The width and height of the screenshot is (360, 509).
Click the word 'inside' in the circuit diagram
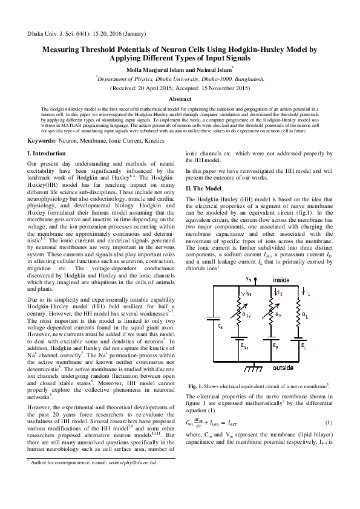point(281,280)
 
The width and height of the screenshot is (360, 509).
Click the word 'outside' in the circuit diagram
point(283,368)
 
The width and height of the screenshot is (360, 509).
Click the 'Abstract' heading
point(180,98)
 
